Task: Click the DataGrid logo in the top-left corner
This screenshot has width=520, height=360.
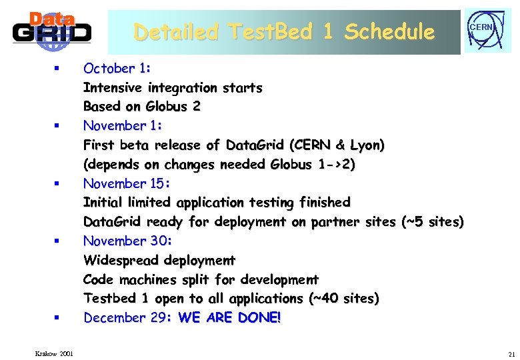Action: [51, 31]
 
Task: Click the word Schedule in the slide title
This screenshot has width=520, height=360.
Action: [389, 32]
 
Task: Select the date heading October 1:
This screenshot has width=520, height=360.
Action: [117, 68]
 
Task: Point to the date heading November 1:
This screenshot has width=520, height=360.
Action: [123, 125]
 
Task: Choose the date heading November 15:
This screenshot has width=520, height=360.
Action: [127, 183]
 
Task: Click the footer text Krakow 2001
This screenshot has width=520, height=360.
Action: [55, 353]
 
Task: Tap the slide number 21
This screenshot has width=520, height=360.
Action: [511, 353]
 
